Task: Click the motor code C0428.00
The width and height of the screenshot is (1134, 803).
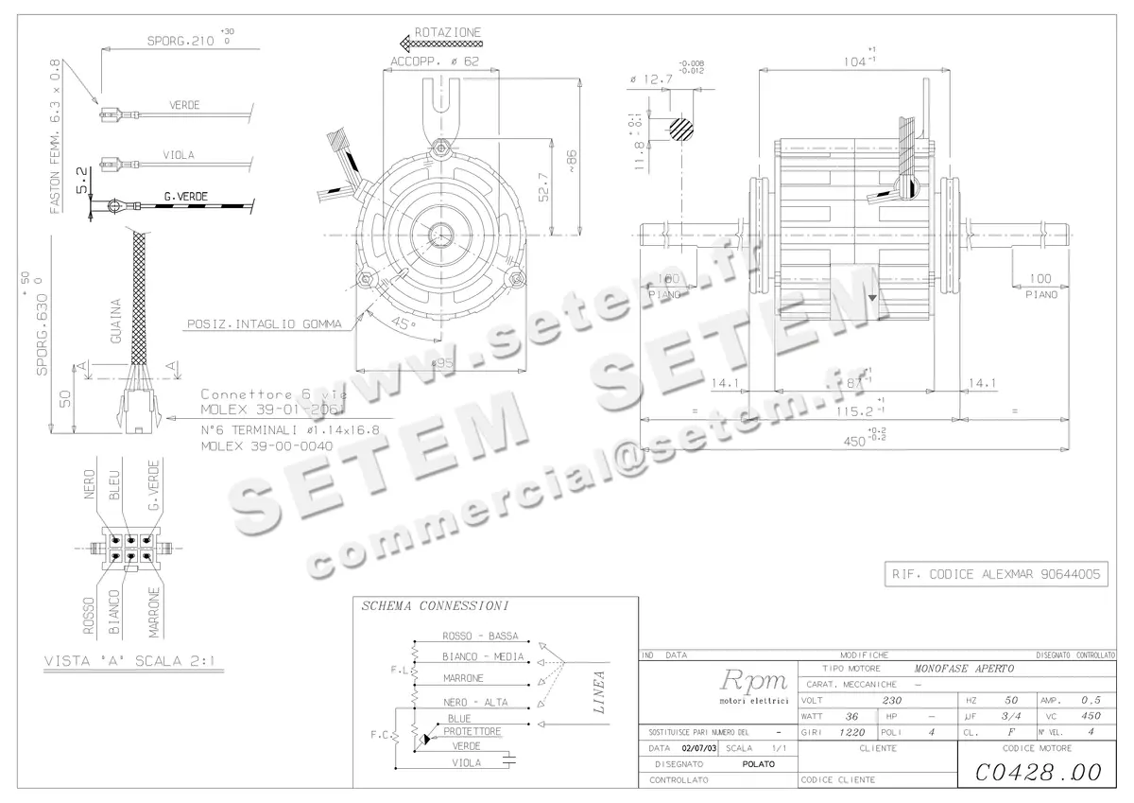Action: pos(1038,773)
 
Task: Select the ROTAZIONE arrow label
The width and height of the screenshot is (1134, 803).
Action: pos(447,32)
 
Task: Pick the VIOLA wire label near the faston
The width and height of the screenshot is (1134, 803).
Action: pos(179,155)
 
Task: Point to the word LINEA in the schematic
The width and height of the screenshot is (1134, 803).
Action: pos(598,695)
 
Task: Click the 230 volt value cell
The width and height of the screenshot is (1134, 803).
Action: pos(892,701)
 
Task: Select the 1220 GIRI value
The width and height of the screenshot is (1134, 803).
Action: pos(853,732)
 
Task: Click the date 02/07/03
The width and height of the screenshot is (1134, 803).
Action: pos(698,747)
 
